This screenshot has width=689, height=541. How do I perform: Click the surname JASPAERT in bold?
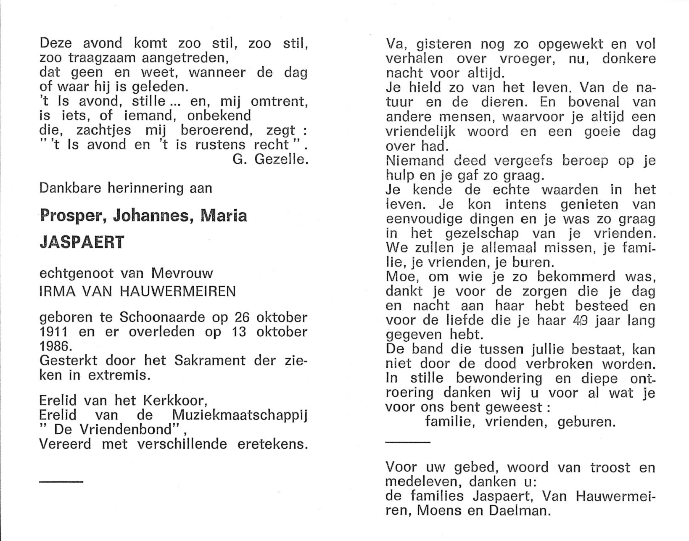(82, 243)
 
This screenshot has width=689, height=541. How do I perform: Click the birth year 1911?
(53, 332)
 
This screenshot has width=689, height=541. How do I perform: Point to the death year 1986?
(53, 346)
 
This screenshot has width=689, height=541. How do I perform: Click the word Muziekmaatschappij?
(240, 415)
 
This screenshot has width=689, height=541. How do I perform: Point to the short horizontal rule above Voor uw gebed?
(408, 442)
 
